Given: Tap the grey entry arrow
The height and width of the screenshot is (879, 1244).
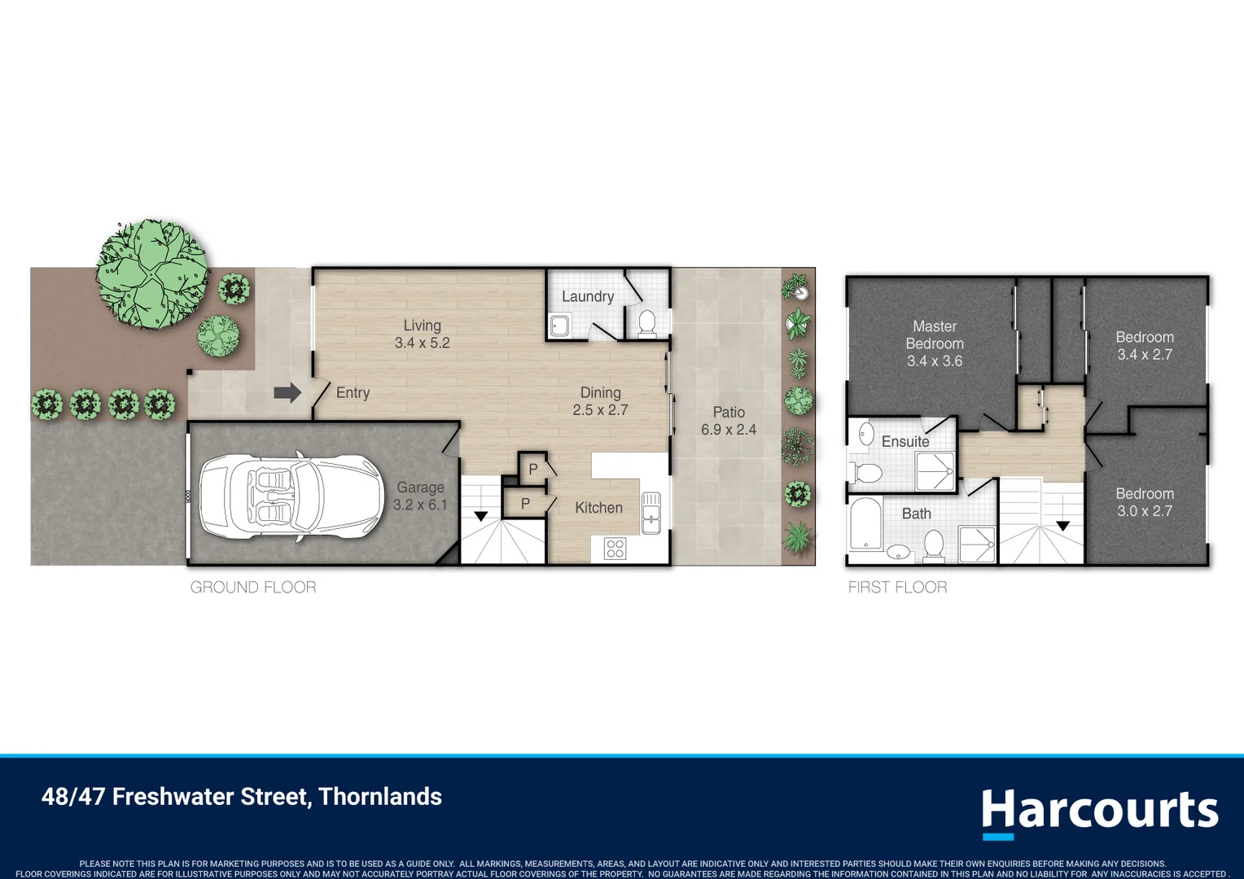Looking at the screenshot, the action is (x=287, y=393).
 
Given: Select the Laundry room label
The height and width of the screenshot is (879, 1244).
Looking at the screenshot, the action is (x=588, y=296).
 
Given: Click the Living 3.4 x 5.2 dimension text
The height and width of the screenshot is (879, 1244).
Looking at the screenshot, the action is (x=422, y=343).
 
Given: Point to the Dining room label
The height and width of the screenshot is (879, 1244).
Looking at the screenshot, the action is (x=600, y=392).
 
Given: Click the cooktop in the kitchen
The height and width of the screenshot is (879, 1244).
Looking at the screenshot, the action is (x=615, y=548).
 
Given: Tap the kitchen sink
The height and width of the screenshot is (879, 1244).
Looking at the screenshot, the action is (x=650, y=513).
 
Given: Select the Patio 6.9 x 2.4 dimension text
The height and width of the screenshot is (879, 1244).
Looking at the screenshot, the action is (x=729, y=429).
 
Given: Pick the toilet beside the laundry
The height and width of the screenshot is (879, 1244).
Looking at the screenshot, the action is (x=647, y=323).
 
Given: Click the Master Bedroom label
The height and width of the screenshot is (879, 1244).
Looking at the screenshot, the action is (x=935, y=335).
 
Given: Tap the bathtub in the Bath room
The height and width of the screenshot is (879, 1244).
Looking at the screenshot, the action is (x=865, y=523).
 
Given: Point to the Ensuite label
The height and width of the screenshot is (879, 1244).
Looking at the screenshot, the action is (x=905, y=441).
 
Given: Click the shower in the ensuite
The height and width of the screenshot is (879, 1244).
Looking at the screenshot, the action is (x=935, y=471).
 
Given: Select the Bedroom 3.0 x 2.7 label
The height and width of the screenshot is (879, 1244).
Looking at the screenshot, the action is (x=1145, y=502).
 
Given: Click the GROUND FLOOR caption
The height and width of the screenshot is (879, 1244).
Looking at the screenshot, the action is (x=253, y=587).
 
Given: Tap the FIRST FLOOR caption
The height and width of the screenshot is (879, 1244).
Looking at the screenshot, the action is (x=897, y=587).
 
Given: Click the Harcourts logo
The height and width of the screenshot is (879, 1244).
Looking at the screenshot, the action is (x=1100, y=812).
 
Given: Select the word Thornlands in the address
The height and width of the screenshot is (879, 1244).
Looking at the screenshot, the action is (x=380, y=796).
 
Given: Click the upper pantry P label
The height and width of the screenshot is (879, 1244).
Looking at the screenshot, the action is (x=533, y=470).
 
